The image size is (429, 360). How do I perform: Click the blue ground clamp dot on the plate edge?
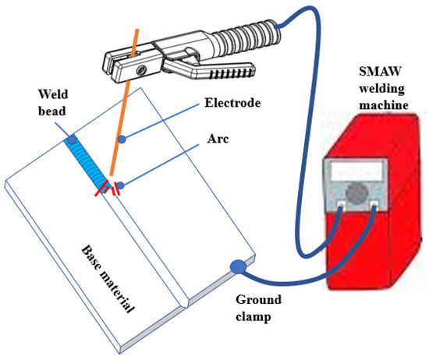click(236, 267)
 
